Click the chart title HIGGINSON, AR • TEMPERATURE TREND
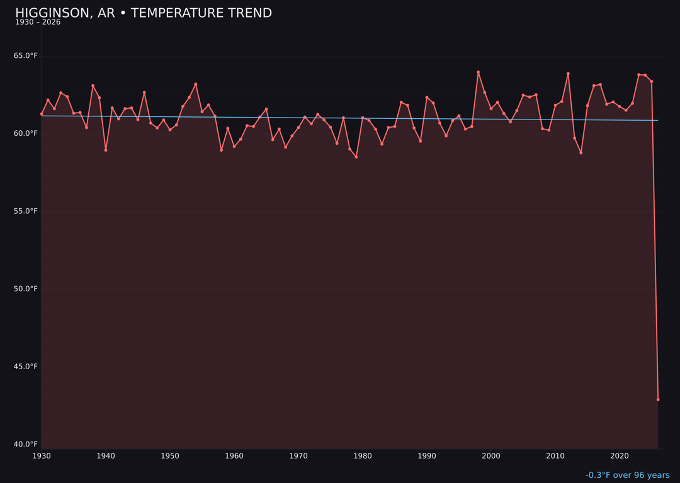pyautogui.click(x=144, y=13)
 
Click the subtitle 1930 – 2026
pyautogui.click(x=38, y=23)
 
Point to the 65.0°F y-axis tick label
pyautogui.click(x=26, y=56)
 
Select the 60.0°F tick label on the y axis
pyautogui.click(x=26, y=133)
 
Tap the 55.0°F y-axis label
pyautogui.click(x=26, y=211)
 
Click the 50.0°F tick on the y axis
pyautogui.click(x=26, y=289)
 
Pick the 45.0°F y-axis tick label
pyautogui.click(x=26, y=367)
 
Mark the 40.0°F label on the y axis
pyautogui.click(x=26, y=444)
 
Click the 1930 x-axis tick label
pyautogui.click(x=42, y=456)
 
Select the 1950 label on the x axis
pyautogui.click(x=170, y=456)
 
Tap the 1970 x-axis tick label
pyautogui.click(x=298, y=456)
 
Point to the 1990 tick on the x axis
pyautogui.click(x=427, y=456)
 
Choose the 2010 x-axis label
pyautogui.click(x=555, y=456)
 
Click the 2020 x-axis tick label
pyautogui.click(x=620, y=456)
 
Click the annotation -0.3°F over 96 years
pyautogui.click(x=627, y=475)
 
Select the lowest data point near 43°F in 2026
pyautogui.click(x=658, y=399)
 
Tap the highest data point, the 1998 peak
pyautogui.click(x=478, y=72)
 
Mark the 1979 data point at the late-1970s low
pyautogui.click(x=356, y=157)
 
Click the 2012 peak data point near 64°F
pyautogui.click(x=568, y=74)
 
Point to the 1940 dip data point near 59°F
pyautogui.click(x=106, y=150)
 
